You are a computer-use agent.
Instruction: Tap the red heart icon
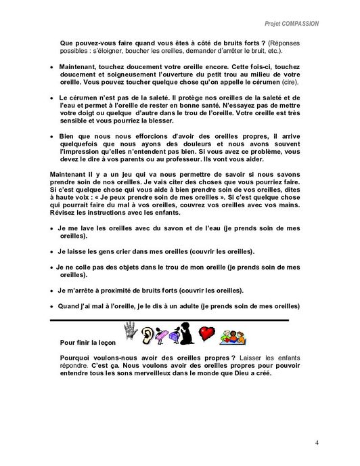(207, 334)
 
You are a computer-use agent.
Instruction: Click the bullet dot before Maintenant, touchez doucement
(52, 68)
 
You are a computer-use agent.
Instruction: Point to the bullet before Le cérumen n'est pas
(52, 98)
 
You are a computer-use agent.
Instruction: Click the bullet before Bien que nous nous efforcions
(52, 136)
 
